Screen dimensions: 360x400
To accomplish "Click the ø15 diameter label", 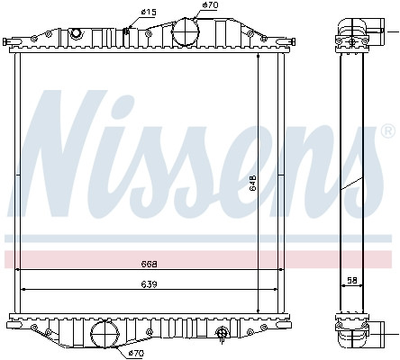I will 149,11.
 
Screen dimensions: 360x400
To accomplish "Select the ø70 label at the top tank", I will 210,5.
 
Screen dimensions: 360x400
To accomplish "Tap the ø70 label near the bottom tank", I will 136,354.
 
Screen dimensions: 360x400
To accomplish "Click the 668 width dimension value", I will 150,265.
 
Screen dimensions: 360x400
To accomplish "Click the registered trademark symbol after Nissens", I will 388,134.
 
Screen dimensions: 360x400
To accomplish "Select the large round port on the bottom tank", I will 105,337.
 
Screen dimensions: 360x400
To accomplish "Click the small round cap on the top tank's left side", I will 76,33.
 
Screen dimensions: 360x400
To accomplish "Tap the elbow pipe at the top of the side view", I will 350,27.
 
